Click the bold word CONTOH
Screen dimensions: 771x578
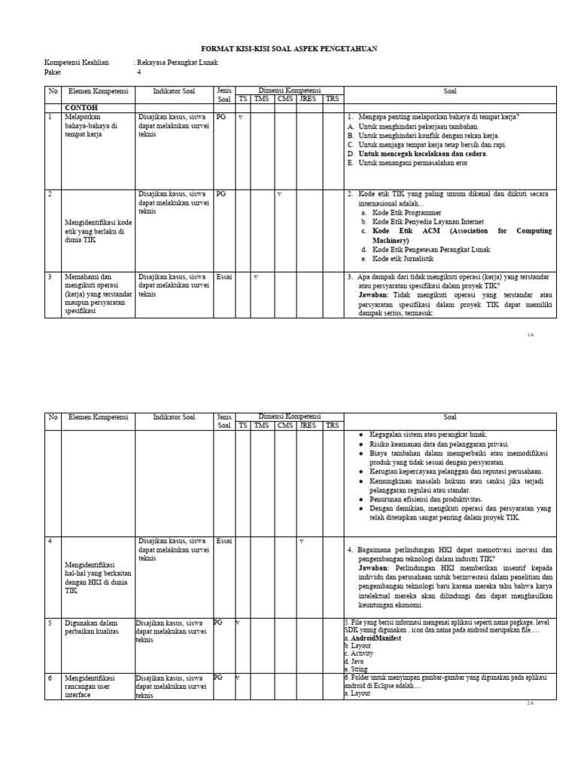tap(81, 108)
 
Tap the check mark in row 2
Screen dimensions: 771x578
tap(279, 194)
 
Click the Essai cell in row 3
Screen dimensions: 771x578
tap(224, 277)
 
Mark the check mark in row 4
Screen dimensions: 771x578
tap(302, 541)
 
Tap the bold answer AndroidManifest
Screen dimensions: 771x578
tap(376, 638)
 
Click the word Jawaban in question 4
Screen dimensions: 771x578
tap(374, 568)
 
